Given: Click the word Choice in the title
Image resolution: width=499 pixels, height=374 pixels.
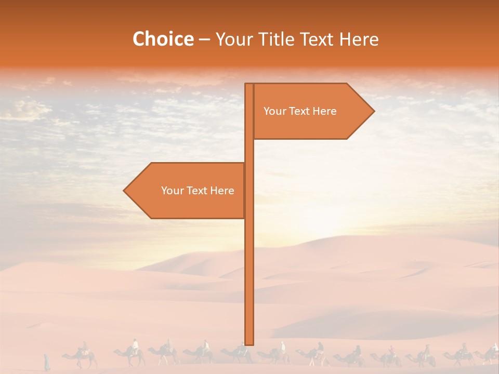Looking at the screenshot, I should point(163,39).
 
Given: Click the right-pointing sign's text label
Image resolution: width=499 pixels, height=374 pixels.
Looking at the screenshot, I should point(300,111).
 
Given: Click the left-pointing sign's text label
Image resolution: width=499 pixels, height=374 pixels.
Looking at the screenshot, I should point(198,191).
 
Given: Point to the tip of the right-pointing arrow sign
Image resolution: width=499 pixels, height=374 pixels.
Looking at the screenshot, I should point(373,111).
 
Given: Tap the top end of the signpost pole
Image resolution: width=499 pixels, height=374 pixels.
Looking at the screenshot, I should point(249,85).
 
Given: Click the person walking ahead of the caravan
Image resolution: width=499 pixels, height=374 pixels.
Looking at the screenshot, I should point(47,362).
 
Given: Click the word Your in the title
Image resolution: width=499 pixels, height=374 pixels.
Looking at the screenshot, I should point(233,39).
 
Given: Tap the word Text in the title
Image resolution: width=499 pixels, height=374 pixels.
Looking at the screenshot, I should point(318,39).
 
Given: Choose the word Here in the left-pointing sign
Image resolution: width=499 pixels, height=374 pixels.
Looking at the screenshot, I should point(222,191).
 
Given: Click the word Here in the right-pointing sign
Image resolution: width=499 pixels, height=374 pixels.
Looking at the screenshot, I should point(324,111).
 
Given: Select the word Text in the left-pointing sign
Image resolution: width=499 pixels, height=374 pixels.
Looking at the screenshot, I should point(196,191).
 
